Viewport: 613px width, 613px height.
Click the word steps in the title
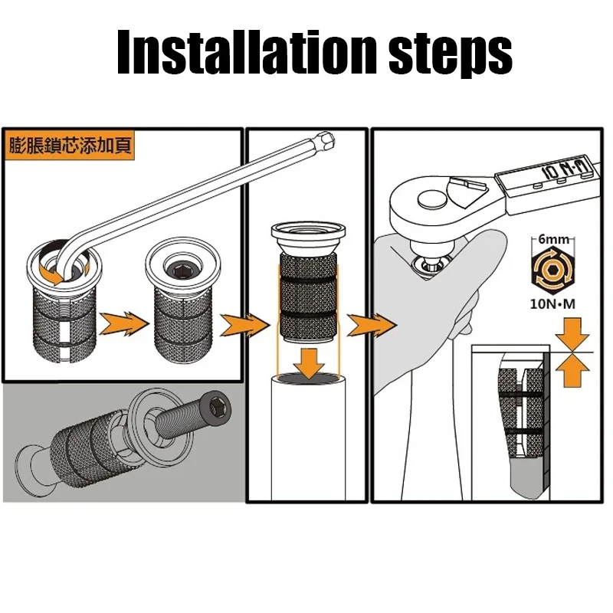point(451,54)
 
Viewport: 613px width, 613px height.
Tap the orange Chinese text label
point(70,146)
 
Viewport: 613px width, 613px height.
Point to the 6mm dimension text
point(553,239)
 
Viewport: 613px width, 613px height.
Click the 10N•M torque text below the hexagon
point(552,303)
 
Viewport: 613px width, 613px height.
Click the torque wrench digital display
point(547,175)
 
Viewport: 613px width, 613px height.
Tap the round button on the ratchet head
point(432,198)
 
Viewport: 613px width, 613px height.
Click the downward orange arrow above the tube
point(309,364)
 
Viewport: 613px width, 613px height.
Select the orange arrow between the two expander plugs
point(124,323)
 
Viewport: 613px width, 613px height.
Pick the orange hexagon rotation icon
point(552,270)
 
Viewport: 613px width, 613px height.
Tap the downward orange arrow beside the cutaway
point(572,333)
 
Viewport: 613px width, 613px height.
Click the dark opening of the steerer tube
point(309,378)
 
